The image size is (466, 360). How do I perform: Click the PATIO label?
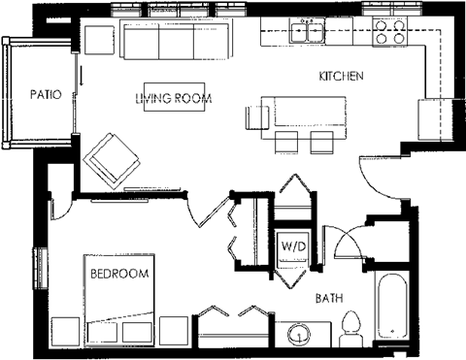coord(46,95)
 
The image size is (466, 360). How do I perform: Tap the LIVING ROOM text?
coord(174,98)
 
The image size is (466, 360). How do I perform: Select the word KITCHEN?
coord(341,75)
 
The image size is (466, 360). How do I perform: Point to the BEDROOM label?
coord(119,275)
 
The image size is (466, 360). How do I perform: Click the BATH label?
coord(329,299)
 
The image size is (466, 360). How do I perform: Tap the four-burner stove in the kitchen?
coord(389,32)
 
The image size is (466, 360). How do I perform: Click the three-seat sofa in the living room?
coord(176,42)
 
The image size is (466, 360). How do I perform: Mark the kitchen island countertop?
coord(299,112)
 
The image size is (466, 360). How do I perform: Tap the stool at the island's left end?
coord(254,117)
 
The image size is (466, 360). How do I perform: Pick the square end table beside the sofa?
coord(99,40)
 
